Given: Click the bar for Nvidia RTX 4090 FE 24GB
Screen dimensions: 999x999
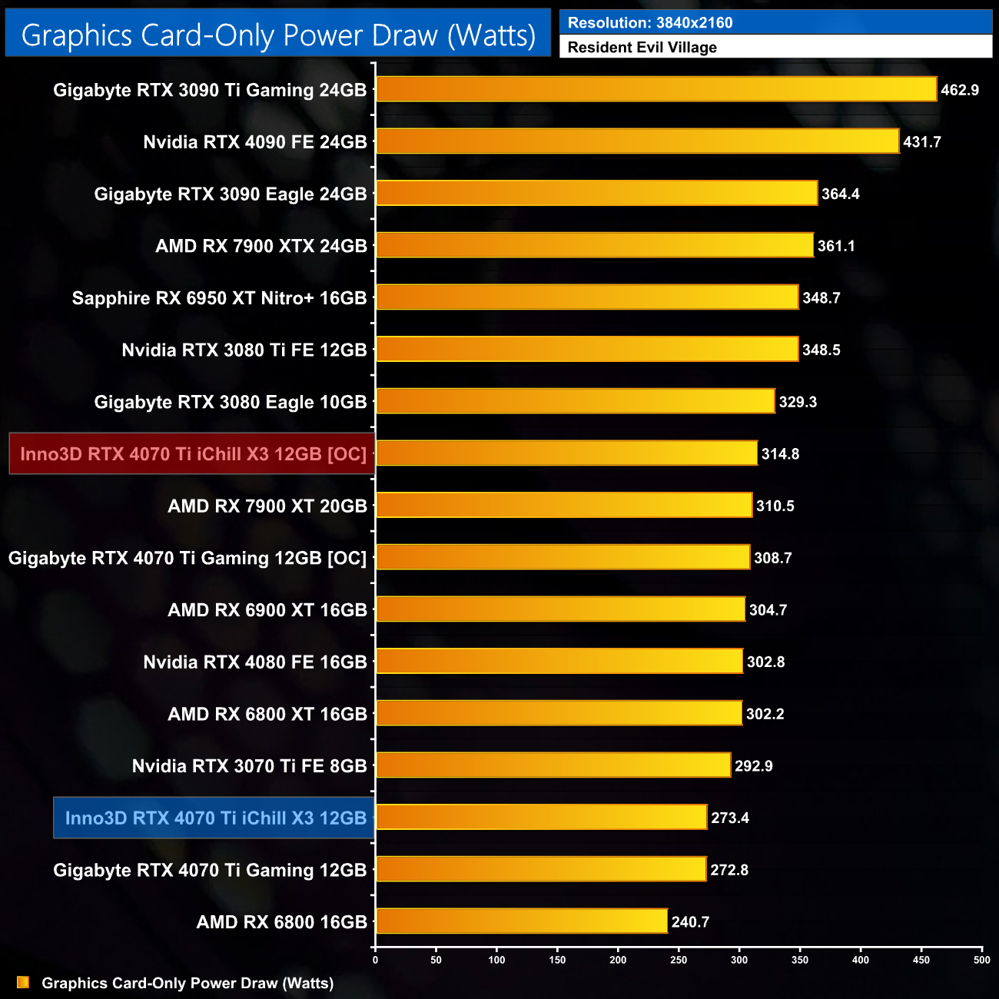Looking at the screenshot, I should click(x=638, y=141).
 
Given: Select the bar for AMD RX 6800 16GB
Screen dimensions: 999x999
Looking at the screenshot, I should click(x=522, y=921).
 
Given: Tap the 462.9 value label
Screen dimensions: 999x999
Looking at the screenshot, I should click(x=960, y=90).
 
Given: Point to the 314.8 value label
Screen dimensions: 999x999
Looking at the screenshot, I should click(x=780, y=454).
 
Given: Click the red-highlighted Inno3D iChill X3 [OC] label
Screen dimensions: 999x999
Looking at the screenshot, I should click(x=193, y=454).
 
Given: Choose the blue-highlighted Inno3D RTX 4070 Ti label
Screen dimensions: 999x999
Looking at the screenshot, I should click(x=215, y=818).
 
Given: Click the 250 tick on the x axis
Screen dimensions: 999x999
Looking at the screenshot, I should click(x=679, y=960).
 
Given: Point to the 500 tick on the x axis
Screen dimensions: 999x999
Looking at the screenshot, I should click(x=981, y=960).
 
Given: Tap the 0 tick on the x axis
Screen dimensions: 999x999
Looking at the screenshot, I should click(x=375, y=960).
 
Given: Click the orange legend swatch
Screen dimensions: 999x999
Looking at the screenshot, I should click(x=23, y=983).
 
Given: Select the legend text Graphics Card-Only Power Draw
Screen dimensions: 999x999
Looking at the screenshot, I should click(x=188, y=983).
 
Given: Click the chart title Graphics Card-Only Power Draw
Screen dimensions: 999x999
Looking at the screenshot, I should click(x=278, y=35).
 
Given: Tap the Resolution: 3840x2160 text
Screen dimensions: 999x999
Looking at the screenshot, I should click(x=650, y=23).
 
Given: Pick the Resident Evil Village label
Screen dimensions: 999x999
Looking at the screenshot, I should click(x=642, y=48).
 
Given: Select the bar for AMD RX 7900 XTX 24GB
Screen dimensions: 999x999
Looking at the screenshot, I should click(x=595, y=246).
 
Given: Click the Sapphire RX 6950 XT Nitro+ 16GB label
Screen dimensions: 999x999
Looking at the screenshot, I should click(x=219, y=298).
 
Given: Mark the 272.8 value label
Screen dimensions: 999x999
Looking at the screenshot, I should click(x=729, y=870).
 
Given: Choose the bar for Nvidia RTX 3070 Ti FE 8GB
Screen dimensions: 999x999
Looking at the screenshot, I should click(x=553, y=765).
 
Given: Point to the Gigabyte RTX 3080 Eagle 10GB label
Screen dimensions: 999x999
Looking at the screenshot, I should click(x=231, y=402).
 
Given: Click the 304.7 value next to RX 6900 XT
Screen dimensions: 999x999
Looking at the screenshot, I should click(x=768, y=610).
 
